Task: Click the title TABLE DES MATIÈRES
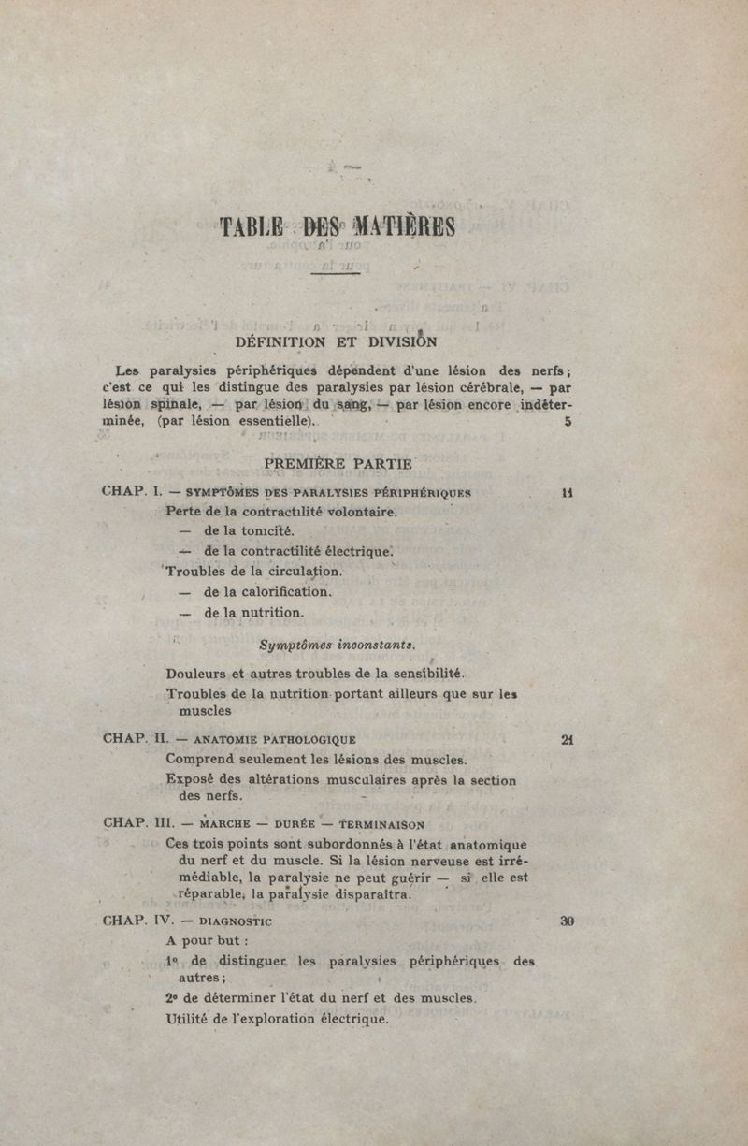coord(338,227)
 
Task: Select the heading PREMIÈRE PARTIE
coord(338,463)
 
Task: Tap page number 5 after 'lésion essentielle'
coord(568,422)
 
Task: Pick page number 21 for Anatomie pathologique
coord(567,739)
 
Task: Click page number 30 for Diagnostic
coord(567,921)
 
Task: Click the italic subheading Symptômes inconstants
coord(338,645)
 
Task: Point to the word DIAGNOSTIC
coord(230,921)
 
